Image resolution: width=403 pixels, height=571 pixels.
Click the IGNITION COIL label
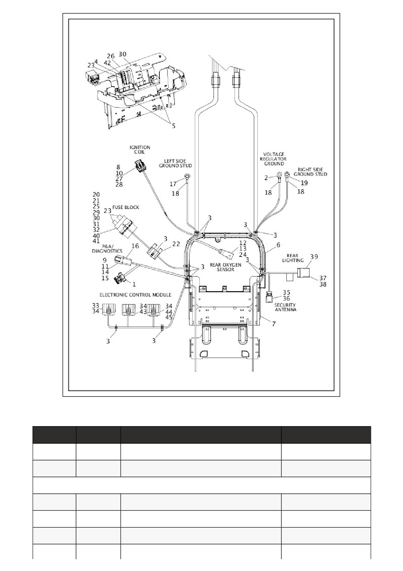coord(140,150)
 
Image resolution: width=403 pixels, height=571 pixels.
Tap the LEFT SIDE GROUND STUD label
coord(175,163)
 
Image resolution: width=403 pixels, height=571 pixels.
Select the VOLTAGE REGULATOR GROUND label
coord(274,159)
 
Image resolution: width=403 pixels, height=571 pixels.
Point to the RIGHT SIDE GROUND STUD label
coord(310,172)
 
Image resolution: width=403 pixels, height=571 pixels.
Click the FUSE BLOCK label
coord(126,207)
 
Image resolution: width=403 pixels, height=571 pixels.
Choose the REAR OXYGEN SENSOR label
coord(225,267)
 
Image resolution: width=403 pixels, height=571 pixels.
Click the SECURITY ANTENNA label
coord(285,307)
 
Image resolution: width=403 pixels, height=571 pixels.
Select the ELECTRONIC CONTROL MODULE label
coord(135,295)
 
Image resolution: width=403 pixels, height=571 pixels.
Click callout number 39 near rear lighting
coord(314,257)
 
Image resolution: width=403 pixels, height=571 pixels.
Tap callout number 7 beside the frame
coord(274,324)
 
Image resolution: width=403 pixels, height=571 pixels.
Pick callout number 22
coord(176,244)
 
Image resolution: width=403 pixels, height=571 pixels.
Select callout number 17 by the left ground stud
coord(173,184)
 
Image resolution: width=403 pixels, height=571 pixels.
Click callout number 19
coord(304,183)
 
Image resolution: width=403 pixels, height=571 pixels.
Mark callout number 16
coord(135,246)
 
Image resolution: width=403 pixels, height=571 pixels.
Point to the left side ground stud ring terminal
coord(188,177)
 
